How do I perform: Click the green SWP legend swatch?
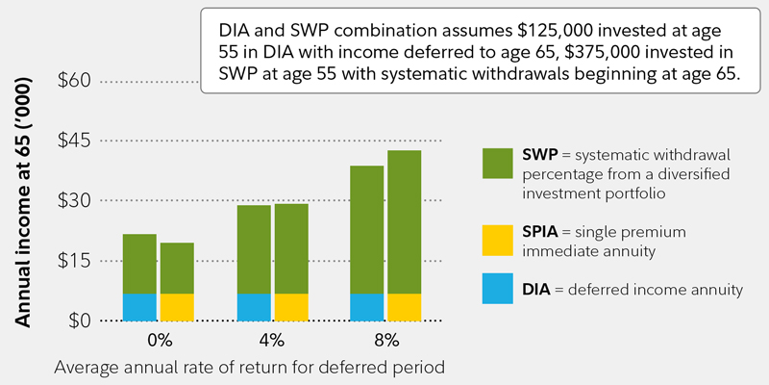coord(498,164)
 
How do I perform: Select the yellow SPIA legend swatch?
coord(498,241)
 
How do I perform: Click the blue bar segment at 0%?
coord(139,307)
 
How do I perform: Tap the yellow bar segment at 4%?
coord(291,307)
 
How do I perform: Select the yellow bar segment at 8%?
coord(405,307)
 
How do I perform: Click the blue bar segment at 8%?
coord(367,307)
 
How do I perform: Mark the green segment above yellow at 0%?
coord(177,268)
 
